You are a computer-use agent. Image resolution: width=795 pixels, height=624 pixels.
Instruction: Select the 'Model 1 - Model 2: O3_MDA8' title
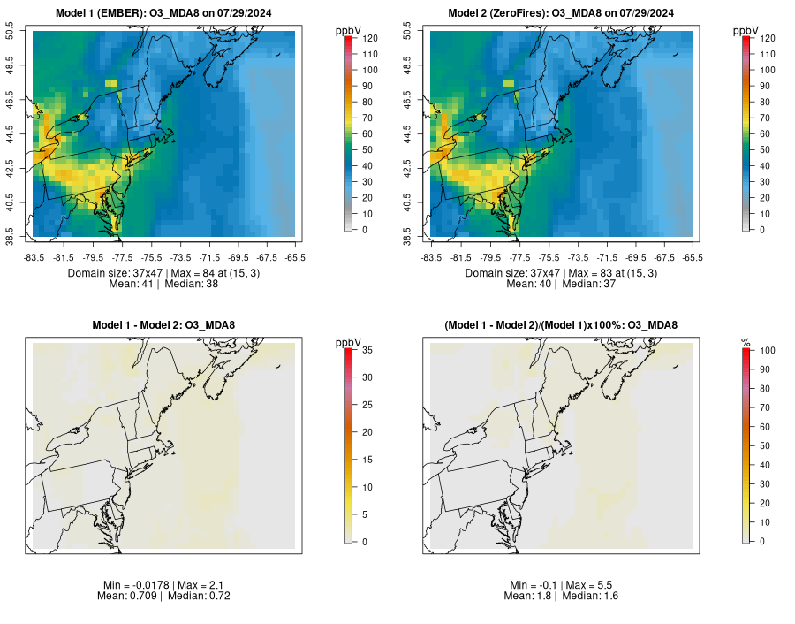point(163,325)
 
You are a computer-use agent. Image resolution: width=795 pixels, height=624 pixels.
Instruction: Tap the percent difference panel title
point(561,325)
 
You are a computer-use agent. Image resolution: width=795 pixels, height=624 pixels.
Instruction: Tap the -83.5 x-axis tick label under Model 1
point(34,257)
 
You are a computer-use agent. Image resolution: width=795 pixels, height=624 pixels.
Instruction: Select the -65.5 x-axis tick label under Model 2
point(693,257)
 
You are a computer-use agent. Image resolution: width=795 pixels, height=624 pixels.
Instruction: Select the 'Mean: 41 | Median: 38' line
point(163,285)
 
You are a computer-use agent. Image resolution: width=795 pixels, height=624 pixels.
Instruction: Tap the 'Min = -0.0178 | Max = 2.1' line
point(163,586)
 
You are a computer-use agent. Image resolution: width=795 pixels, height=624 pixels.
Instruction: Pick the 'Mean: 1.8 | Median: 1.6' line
point(561,597)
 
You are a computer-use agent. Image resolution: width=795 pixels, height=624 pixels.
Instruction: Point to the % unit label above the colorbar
point(746,342)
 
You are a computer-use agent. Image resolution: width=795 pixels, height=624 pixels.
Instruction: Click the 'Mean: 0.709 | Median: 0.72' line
point(163,597)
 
